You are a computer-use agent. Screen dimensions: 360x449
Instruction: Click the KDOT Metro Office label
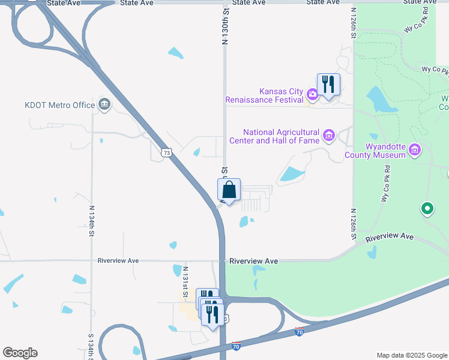click(x=59, y=105)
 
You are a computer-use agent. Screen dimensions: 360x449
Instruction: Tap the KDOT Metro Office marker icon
click(x=104, y=105)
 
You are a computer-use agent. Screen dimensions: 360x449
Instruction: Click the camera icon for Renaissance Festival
click(x=312, y=94)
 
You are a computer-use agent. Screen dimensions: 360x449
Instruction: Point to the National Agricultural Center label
click(x=281, y=136)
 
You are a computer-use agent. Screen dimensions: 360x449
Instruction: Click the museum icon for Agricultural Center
click(x=328, y=136)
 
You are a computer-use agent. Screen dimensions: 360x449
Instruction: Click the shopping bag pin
click(x=229, y=189)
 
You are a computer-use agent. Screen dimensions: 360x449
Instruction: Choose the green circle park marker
click(x=427, y=209)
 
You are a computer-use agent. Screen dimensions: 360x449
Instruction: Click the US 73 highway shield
click(x=167, y=153)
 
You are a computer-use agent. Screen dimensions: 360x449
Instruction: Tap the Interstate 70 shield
click(x=300, y=331)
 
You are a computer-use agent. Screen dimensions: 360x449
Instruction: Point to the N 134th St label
click(x=92, y=223)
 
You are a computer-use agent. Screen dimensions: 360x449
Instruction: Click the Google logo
click(x=20, y=353)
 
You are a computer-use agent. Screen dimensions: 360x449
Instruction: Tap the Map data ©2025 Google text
click(x=411, y=355)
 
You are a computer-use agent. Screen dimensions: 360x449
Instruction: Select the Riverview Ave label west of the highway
click(x=118, y=261)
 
